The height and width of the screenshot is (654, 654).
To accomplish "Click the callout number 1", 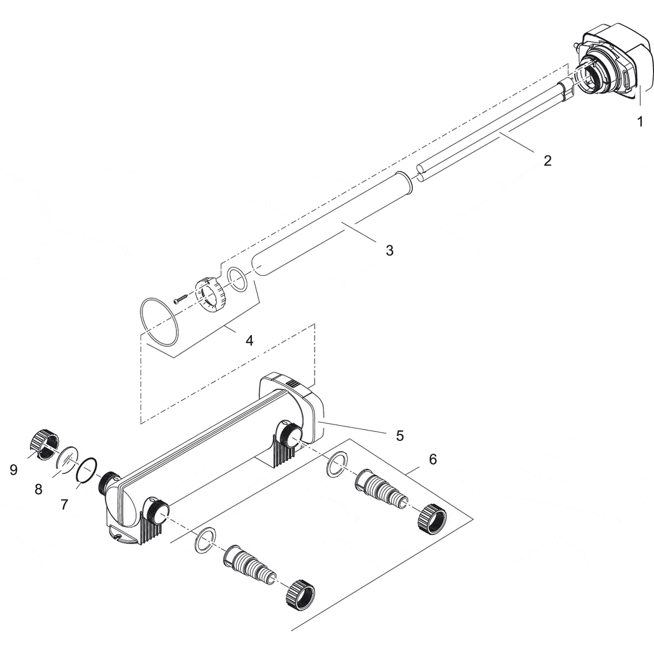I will pos(639,122).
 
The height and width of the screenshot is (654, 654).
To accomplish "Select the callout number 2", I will pos(547,161).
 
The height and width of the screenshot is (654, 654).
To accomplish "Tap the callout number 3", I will pos(389,250).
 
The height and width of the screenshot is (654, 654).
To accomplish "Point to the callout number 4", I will pos(249,340).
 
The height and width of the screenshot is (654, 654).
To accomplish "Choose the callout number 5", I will pos(400,435).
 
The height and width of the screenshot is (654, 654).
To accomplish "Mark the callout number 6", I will pos(433,459).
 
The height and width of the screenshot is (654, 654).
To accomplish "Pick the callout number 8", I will pos(38,490).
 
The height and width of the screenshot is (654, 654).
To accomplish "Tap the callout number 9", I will pos(14,469).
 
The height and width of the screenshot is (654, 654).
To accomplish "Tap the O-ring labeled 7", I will pos(87,470).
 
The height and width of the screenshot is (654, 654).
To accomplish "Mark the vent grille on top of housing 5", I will pos(293,384).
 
